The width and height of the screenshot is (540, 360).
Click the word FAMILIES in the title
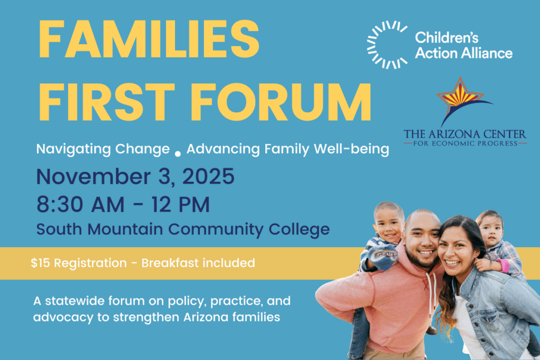point(149,39)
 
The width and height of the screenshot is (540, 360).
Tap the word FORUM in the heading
point(281,102)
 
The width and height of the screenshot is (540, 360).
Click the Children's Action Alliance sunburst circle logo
point(387,45)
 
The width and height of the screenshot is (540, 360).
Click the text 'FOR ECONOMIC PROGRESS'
point(465,143)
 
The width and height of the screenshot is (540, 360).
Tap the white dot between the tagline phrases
point(178,154)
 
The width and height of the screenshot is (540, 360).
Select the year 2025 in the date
point(208,177)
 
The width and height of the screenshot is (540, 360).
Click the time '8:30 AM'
point(80,205)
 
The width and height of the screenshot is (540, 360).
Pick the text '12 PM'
point(180,205)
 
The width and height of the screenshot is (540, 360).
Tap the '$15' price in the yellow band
point(40,263)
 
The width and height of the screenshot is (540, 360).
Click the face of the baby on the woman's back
point(490,231)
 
